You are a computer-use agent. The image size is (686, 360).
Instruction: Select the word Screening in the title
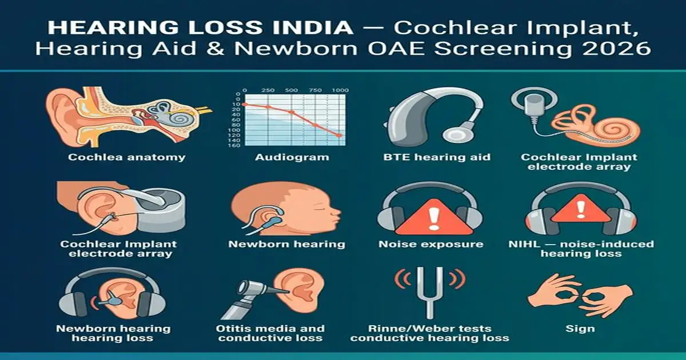click(525, 48)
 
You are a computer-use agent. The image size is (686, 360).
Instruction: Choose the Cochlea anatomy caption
click(126, 157)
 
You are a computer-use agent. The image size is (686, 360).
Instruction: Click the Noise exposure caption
click(430, 245)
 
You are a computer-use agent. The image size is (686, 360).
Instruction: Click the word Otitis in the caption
click(234, 329)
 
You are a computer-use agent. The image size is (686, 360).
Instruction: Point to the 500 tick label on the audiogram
click(291, 91)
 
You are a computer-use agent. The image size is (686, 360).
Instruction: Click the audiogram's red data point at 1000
click(339, 135)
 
